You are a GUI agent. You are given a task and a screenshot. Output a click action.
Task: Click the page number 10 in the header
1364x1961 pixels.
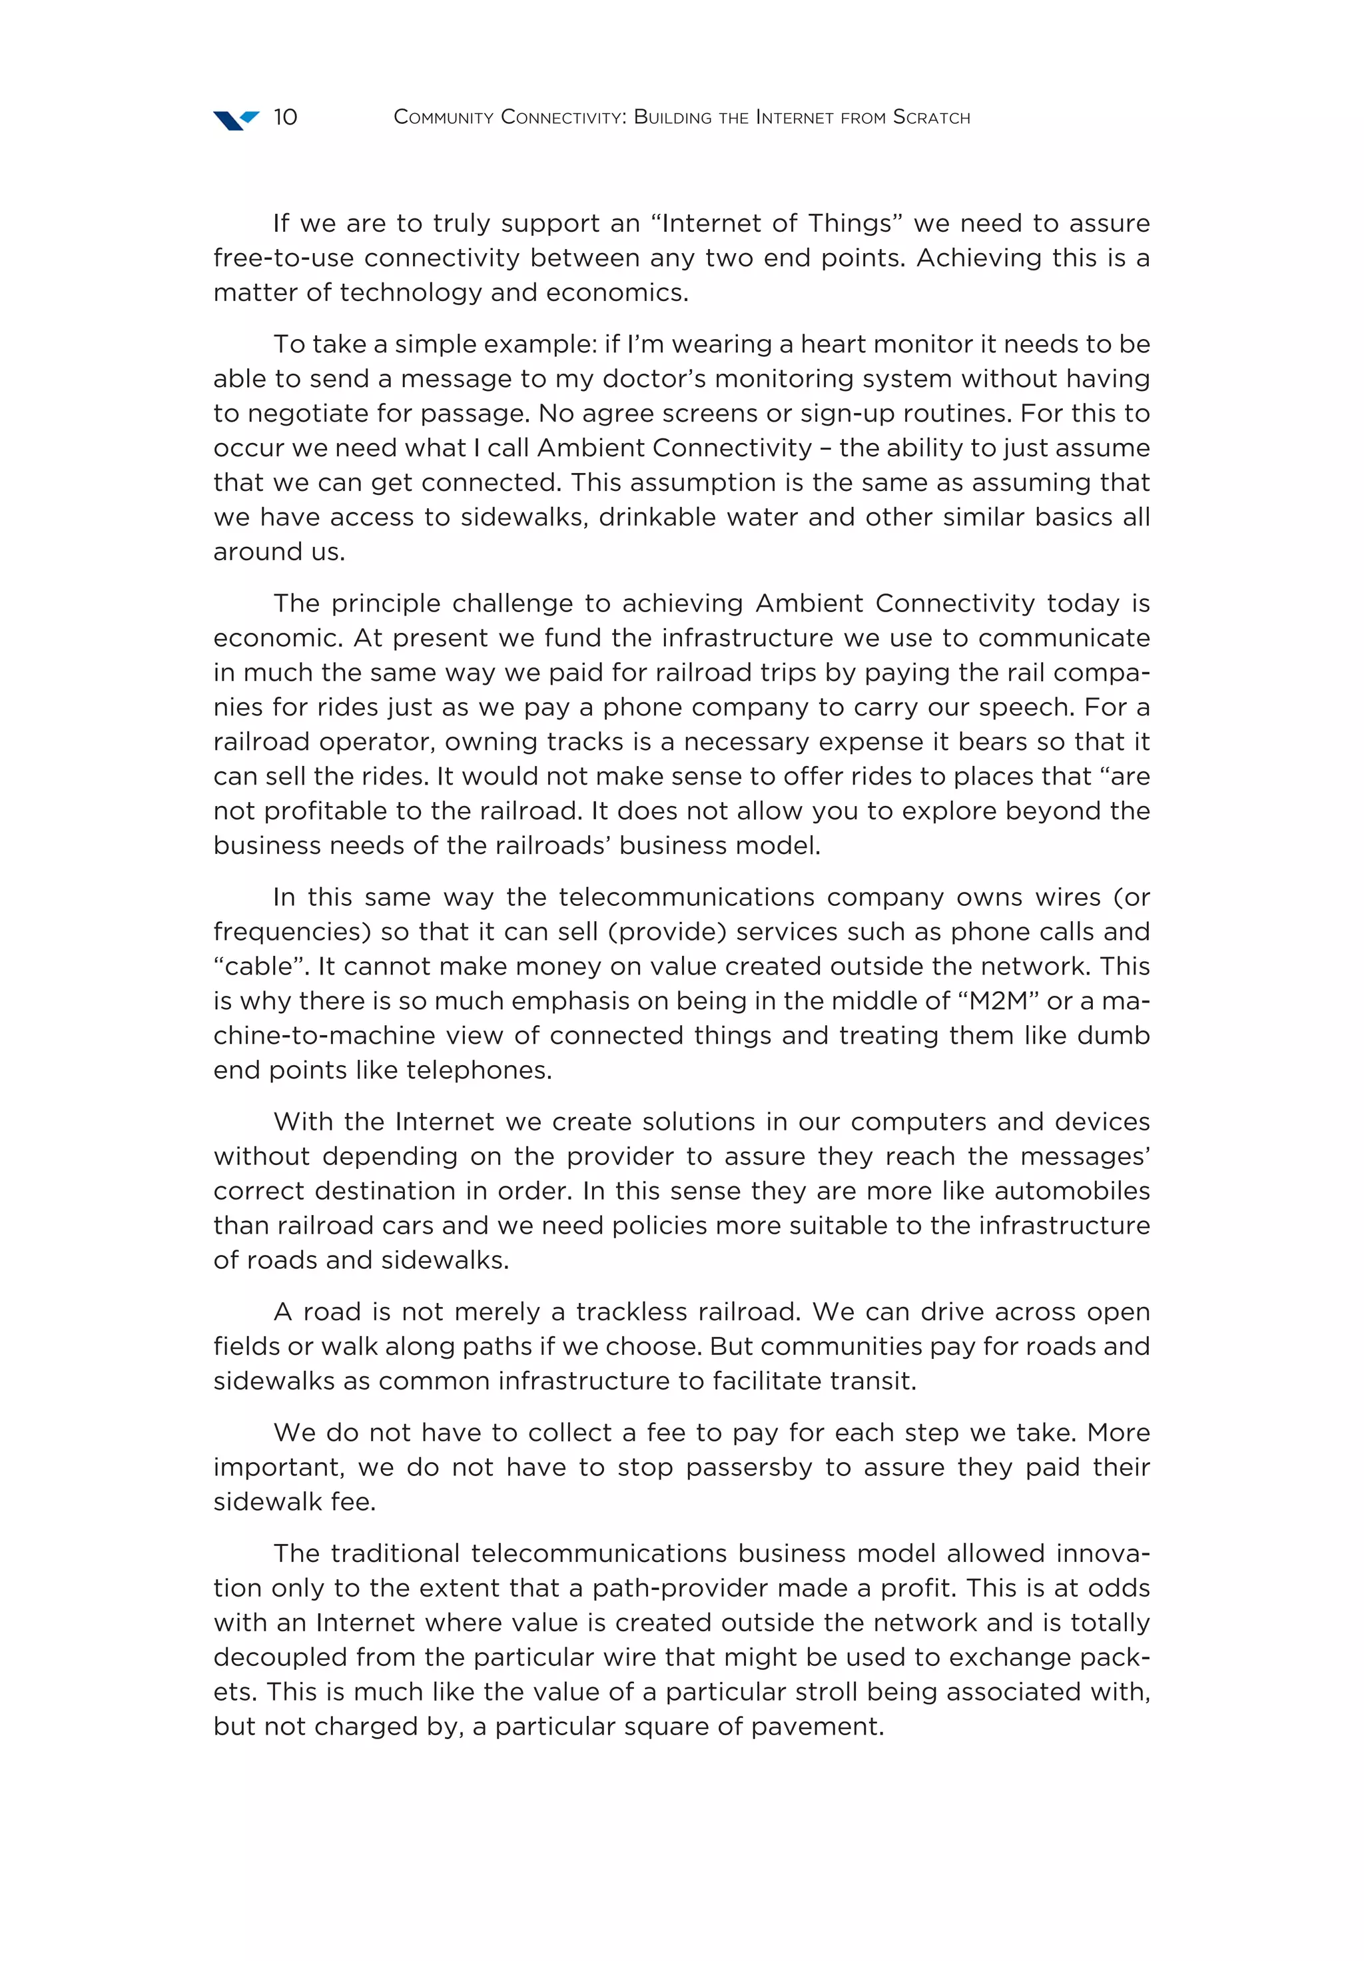pyautogui.click(x=284, y=117)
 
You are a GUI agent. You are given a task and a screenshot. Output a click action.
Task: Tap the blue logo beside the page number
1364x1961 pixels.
pyautogui.click(x=235, y=120)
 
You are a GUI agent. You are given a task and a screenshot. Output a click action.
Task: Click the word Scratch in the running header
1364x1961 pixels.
pyautogui.click(x=931, y=118)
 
